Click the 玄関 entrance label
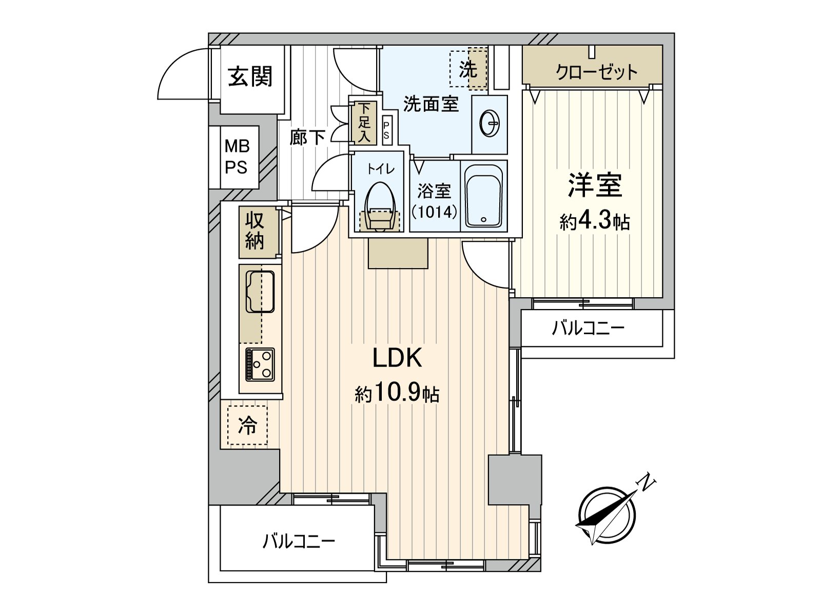[x=250, y=76]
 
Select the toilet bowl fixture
[x=380, y=205]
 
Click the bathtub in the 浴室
[x=483, y=196]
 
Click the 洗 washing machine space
[x=468, y=69]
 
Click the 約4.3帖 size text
[x=595, y=221]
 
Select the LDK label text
[x=397, y=358]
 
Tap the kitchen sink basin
[x=260, y=292]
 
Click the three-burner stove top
[x=260, y=364]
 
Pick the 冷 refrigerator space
[x=247, y=425]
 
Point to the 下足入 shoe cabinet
[x=364, y=122]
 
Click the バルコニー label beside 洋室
[x=588, y=328]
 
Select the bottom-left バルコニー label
[x=299, y=541]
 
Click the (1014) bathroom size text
[x=434, y=211]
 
